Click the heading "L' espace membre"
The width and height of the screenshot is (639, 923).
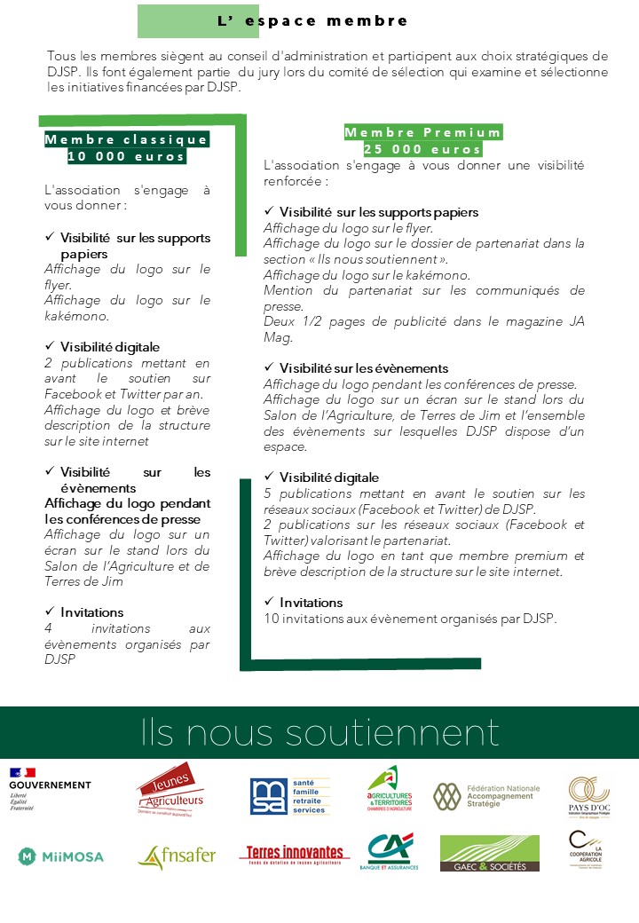click(x=312, y=20)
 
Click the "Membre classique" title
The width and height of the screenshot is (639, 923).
click(x=126, y=139)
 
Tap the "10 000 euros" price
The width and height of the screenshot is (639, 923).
click(x=126, y=156)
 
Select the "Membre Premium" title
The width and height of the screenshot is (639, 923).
click(x=422, y=132)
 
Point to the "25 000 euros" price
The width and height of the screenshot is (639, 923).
click(x=422, y=149)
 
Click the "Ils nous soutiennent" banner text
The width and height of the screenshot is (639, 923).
click(x=319, y=733)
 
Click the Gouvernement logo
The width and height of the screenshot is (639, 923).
click(x=50, y=789)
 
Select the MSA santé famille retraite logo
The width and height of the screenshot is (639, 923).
click(x=289, y=795)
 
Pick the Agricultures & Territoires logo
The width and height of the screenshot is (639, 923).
click(x=390, y=788)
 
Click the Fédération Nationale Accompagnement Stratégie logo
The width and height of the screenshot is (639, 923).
click(x=486, y=795)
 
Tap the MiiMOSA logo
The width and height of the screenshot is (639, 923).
click(x=60, y=856)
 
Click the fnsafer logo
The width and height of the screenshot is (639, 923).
click(x=177, y=856)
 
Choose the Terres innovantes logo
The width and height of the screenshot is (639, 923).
click(x=294, y=854)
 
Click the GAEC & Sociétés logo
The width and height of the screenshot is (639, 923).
click(x=489, y=853)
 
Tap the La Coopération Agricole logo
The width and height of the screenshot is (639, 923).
click(x=584, y=851)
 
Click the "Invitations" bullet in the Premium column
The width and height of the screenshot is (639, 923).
click(x=311, y=603)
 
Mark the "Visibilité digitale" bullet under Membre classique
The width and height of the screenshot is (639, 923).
click(x=110, y=347)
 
